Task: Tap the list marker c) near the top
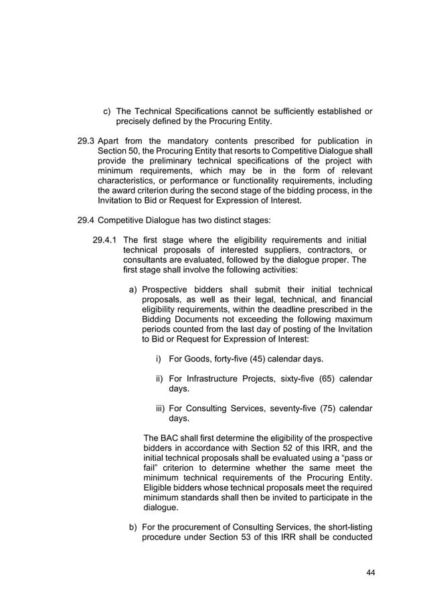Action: click(x=106, y=110)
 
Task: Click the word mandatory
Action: click(x=172, y=141)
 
